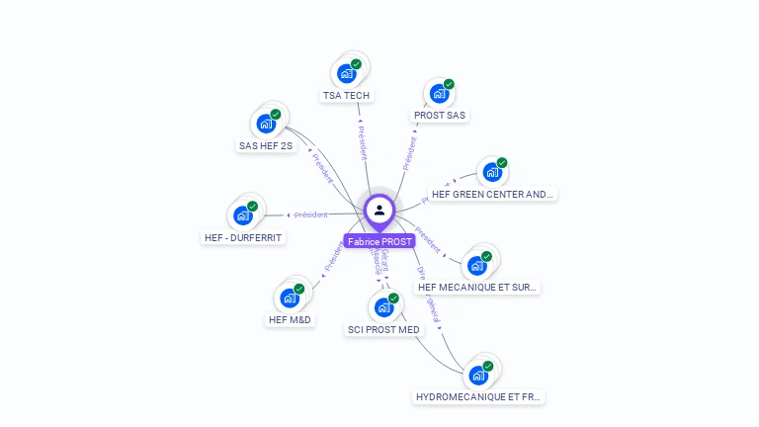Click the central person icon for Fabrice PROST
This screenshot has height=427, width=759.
coord(379,210)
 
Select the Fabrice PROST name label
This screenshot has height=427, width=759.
coord(379,241)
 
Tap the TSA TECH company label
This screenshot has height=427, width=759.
coord(346,96)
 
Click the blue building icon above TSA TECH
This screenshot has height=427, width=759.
coord(347,73)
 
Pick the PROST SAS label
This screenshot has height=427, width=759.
coord(440,116)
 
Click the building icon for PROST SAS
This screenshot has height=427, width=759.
coord(440,93)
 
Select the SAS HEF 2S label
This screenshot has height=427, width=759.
coord(266,146)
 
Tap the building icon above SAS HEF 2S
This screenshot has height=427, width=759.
coord(266,124)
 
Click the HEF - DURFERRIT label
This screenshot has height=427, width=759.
coord(243,238)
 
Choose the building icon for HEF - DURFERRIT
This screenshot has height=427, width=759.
coord(243,214)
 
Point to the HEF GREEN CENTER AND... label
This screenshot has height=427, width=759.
coord(493,195)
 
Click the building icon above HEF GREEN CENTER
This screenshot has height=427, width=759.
coord(492,172)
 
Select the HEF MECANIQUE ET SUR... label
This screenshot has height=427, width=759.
coord(478,288)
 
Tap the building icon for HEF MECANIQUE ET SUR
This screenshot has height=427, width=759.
coord(478,265)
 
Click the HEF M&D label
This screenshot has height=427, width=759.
coord(290,320)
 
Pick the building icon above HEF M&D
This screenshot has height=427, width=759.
coord(290,297)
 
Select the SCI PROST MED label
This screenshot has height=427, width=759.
coord(383,330)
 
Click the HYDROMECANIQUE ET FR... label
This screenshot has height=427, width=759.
coord(478,397)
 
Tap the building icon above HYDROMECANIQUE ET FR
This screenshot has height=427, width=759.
coord(478,375)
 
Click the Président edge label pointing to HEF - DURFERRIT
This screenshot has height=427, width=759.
coord(310,214)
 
